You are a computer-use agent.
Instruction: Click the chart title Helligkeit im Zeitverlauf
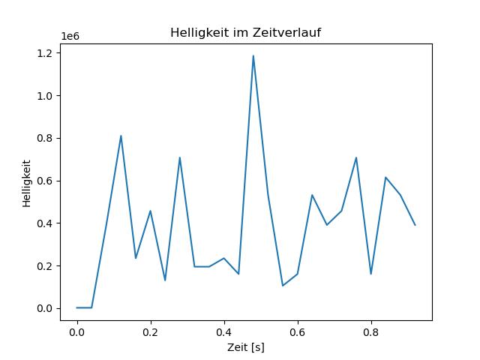tap(245, 32)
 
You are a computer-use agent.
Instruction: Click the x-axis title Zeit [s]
tap(246, 347)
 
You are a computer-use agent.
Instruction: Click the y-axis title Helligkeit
tap(27, 183)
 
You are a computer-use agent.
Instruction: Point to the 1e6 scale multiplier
tap(70, 37)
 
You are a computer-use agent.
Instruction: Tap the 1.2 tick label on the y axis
tap(45, 53)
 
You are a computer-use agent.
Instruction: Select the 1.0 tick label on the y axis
tap(45, 96)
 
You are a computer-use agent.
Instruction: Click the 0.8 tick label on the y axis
tap(45, 138)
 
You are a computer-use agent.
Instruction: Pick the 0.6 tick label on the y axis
tap(45, 181)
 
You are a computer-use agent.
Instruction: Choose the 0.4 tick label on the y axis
tap(45, 223)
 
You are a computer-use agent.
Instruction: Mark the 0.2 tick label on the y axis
tap(45, 266)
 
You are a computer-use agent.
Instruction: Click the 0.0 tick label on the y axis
tap(45, 308)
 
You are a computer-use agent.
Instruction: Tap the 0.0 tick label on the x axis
tap(77, 332)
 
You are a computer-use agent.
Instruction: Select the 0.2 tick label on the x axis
tap(151, 332)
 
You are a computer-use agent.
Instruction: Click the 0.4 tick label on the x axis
tap(224, 332)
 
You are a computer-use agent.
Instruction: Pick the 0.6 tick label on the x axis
tap(298, 332)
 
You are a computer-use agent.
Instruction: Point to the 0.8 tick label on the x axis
tap(371, 332)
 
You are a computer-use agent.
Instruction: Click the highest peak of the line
tap(253, 55)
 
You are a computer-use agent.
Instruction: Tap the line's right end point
tap(415, 225)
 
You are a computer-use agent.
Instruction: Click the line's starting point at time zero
tap(77, 307)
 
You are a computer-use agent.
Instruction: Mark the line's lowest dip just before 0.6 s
tap(283, 286)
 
